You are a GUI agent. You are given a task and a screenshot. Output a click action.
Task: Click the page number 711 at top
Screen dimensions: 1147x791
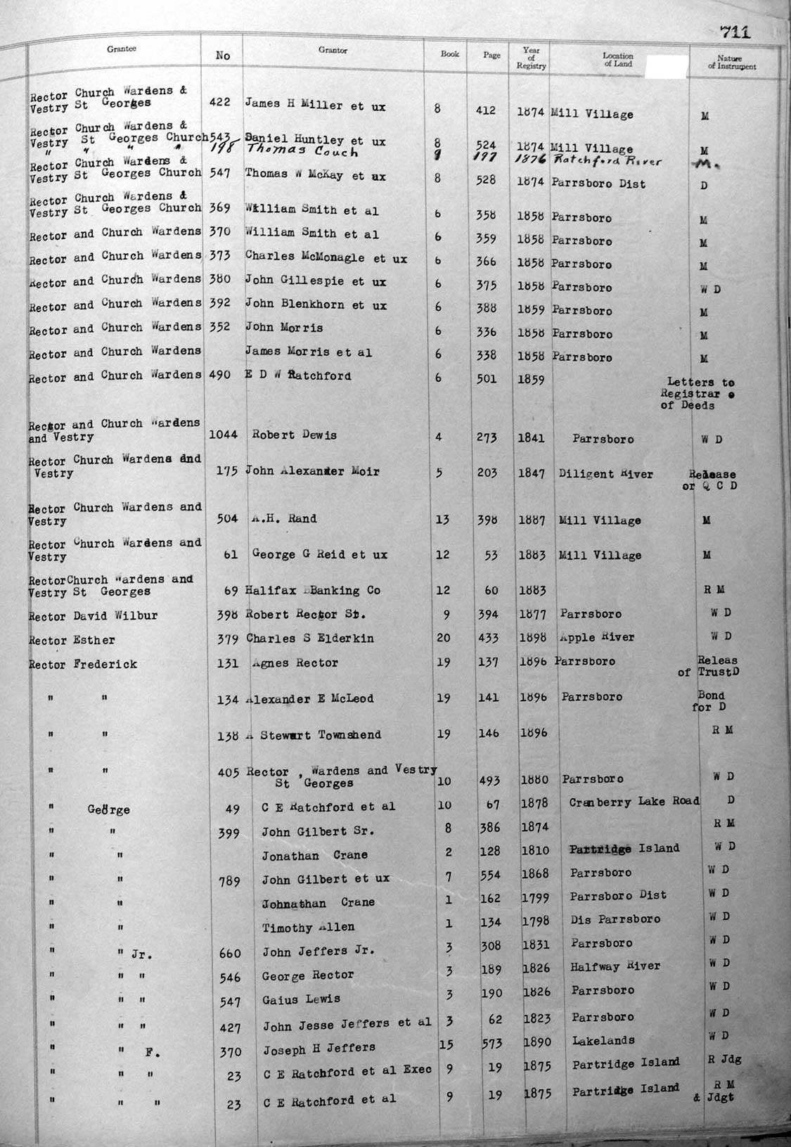click(735, 32)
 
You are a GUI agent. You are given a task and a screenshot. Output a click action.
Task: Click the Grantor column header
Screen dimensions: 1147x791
click(333, 51)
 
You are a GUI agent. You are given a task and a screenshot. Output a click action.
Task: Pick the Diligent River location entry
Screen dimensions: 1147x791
click(605, 474)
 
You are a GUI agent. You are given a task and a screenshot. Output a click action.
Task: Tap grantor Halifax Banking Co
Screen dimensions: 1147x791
click(313, 590)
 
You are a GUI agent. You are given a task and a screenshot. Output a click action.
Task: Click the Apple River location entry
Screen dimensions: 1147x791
click(597, 637)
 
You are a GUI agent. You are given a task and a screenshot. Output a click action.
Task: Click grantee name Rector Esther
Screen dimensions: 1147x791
click(72, 640)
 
